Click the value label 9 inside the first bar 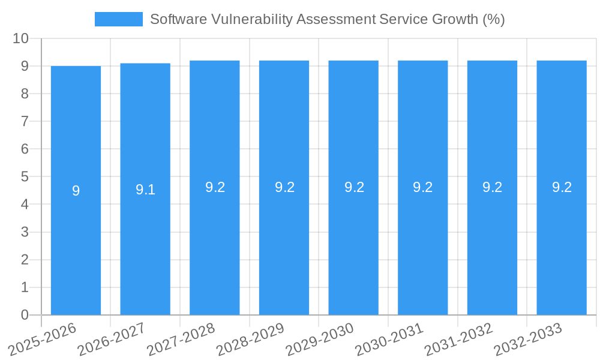tap(76, 191)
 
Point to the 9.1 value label tap(145, 190)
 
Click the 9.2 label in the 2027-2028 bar tap(215, 187)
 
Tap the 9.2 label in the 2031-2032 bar tap(492, 187)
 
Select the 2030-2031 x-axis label tap(389, 339)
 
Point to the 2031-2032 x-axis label tap(458, 339)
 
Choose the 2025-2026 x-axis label tap(42, 339)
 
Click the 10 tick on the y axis tap(21, 38)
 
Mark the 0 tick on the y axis tap(25, 315)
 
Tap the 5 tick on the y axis tap(25, 177)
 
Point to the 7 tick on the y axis tap(25, 121)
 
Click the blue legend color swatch tap(119, 19)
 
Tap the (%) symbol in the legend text tap(493, 19)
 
